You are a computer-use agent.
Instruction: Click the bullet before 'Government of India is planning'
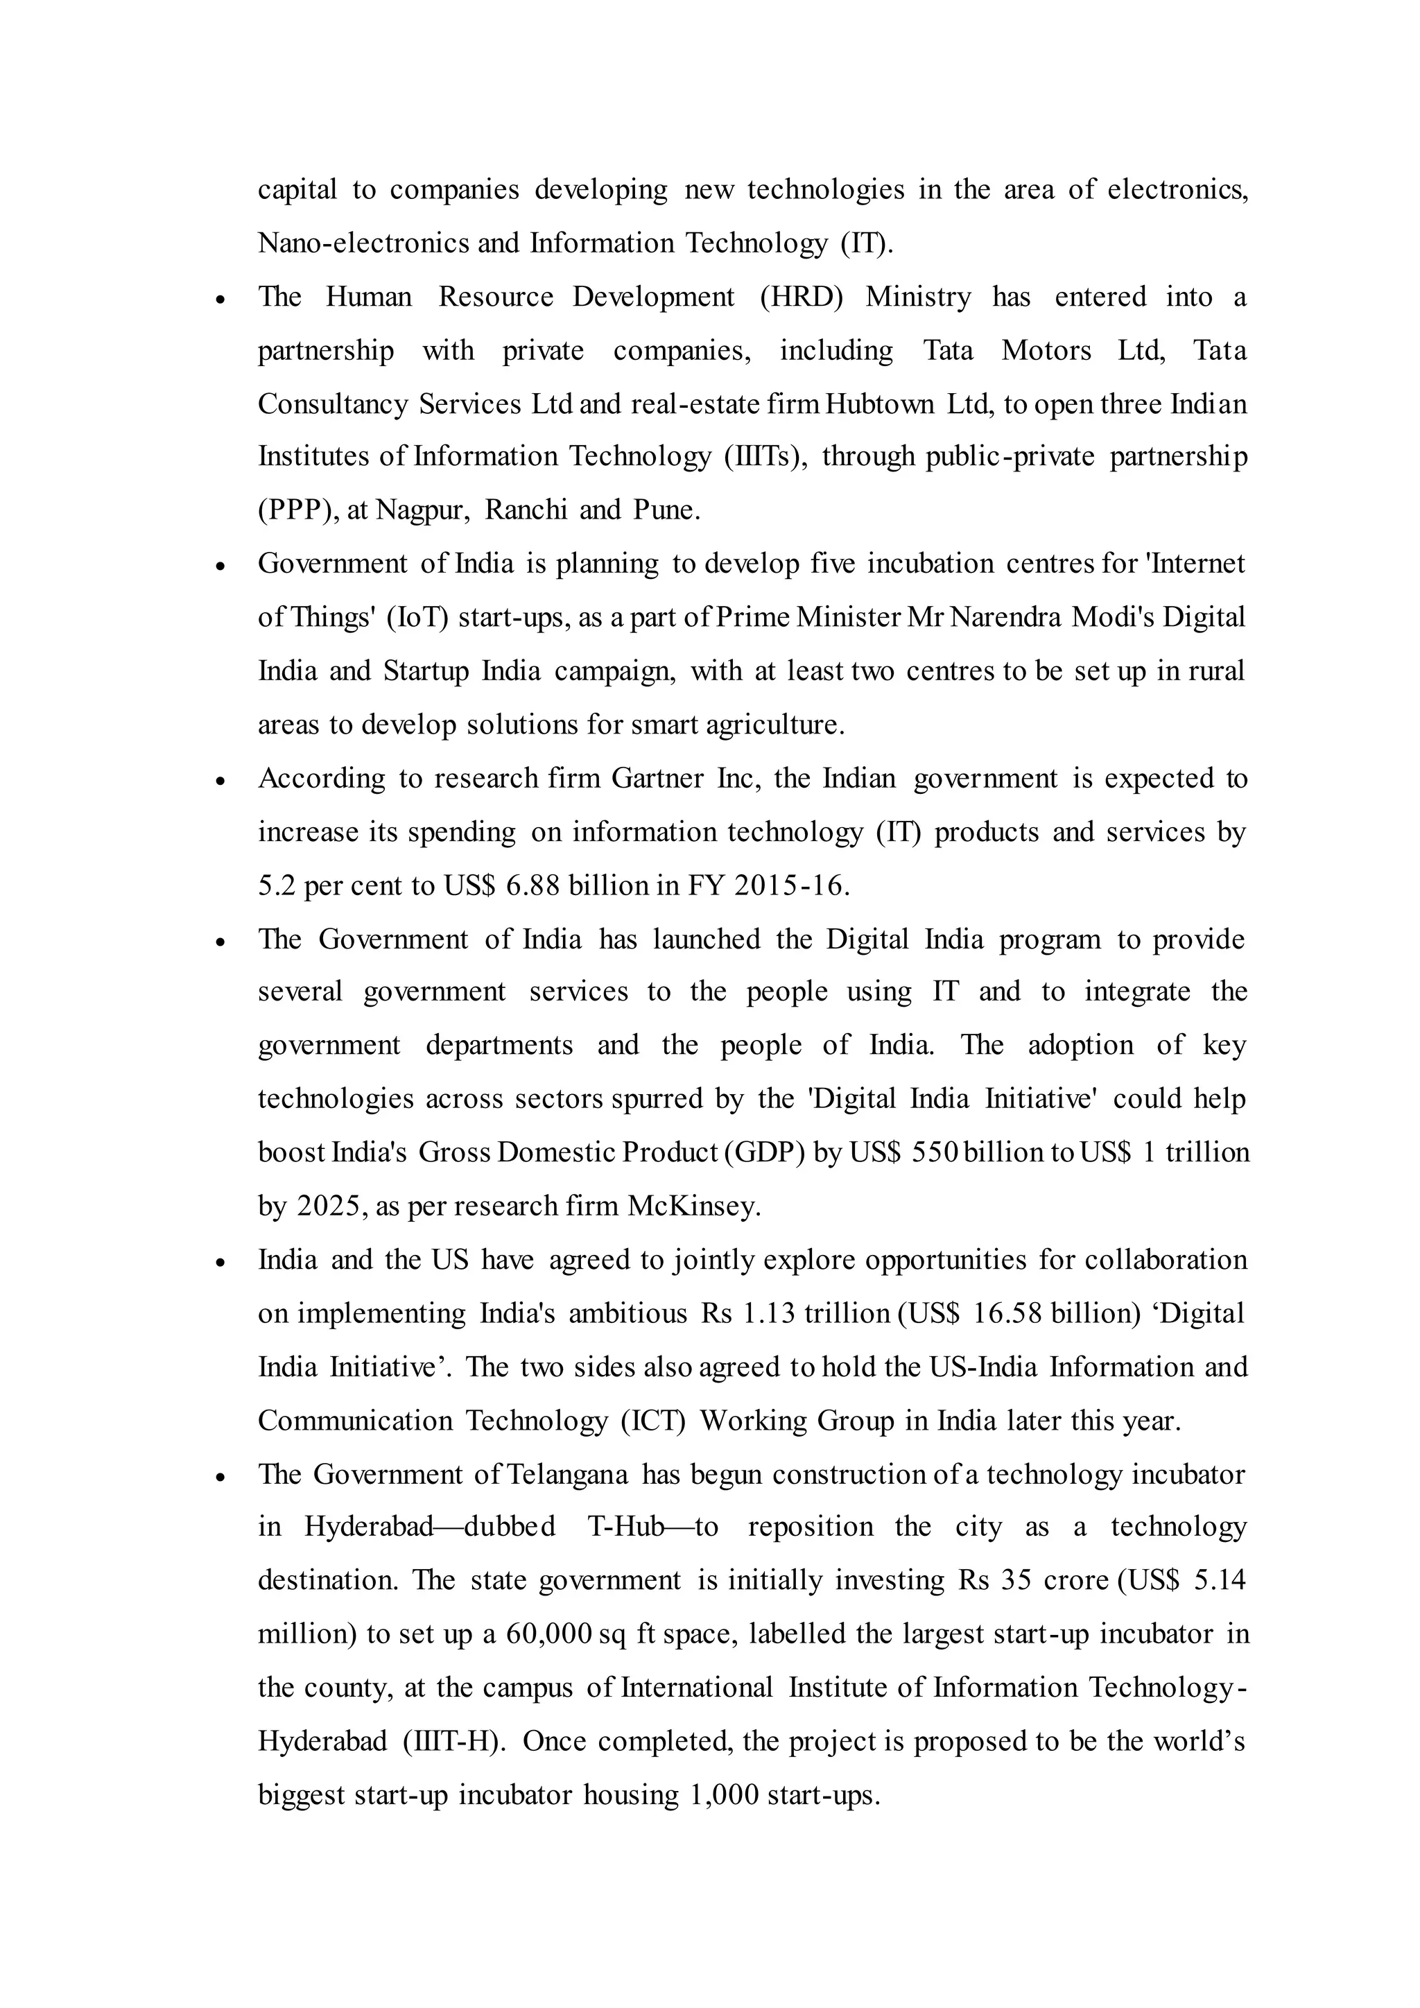point(221,566)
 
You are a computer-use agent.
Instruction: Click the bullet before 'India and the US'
point(221,1262)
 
